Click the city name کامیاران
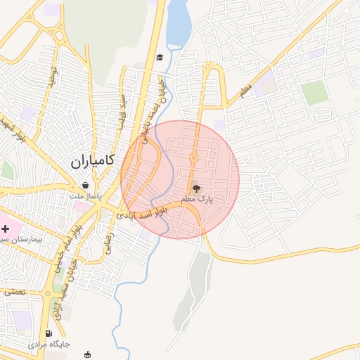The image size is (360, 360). tap(97, 162)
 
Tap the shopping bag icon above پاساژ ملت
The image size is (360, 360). tap(85, 185)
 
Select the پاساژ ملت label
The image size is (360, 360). tap(86, 195)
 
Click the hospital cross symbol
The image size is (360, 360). tap(6, 229)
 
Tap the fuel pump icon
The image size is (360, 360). tap(48, 334)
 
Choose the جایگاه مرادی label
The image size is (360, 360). tap(49, 345)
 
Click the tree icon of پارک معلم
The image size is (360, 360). tap(196, 188)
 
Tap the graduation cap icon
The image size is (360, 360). tap(160, 57)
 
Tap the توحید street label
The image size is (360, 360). tap(51, 75)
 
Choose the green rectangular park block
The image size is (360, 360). tap(315, 93)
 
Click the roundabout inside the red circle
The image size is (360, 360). tap(193, 157)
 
